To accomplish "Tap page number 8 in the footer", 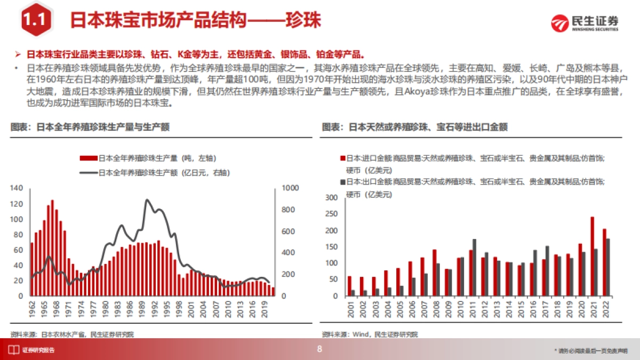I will pyautogui.click(x=320, y=349).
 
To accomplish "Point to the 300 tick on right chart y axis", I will pyautogui.click(x=331, y=198).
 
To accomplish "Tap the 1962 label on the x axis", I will pyautogui.click(x=31, y=310).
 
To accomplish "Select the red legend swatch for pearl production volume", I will pyautogui.click(x=89, y=158).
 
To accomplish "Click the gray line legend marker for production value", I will pyautogui.click(x=89, y=172).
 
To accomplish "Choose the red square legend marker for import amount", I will pyautogui.click(x=342, y=158).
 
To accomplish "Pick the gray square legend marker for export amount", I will pyautogui.click(x=342, y=182).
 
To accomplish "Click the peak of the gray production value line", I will pyautogui.click(x=146, y=199).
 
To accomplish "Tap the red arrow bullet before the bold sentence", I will pyautogui.click(x=18, y=54).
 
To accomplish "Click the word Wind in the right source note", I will pyautogui.click(x=360, y=334).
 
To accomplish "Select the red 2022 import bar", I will pyautogui.click(x=604, y=262).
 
